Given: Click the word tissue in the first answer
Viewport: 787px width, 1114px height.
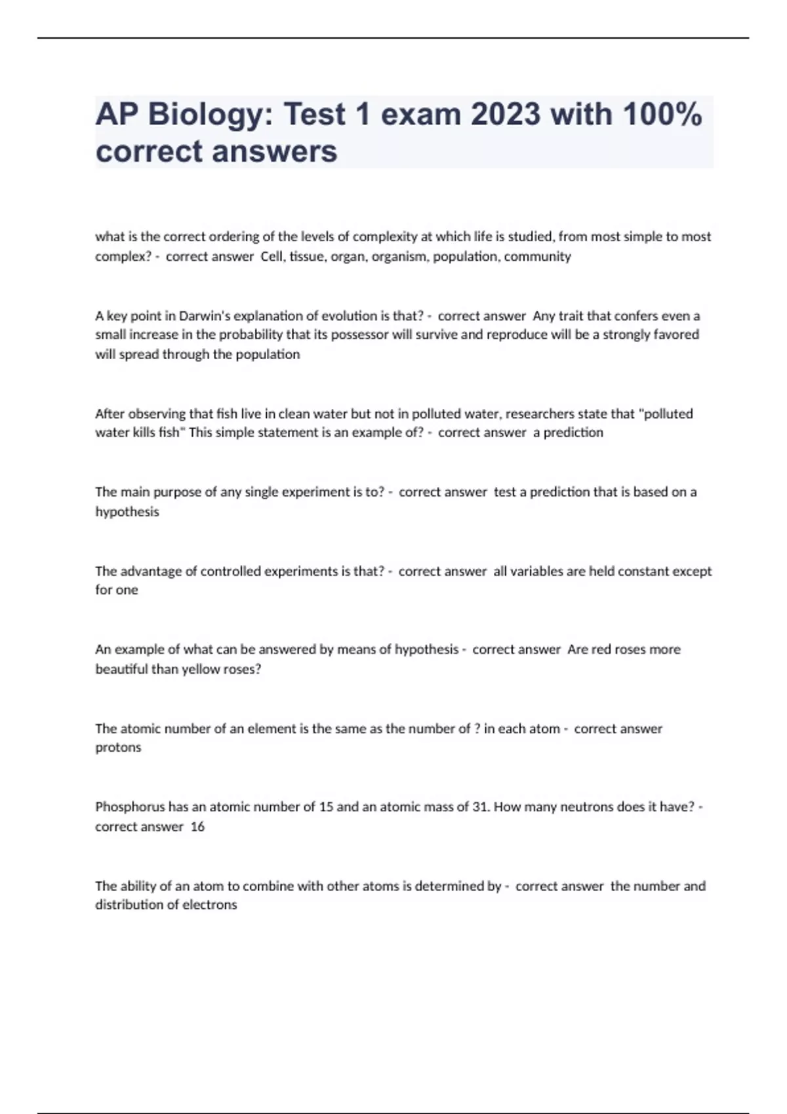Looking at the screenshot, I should pos(308,256).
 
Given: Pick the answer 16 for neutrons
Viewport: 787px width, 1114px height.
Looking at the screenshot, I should pos(197,826).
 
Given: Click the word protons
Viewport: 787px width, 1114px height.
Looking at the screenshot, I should pos(118,748).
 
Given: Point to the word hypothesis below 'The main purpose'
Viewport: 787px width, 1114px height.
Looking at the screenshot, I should pos(127,512).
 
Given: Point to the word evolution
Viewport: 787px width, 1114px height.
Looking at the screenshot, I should pos(348,316).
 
